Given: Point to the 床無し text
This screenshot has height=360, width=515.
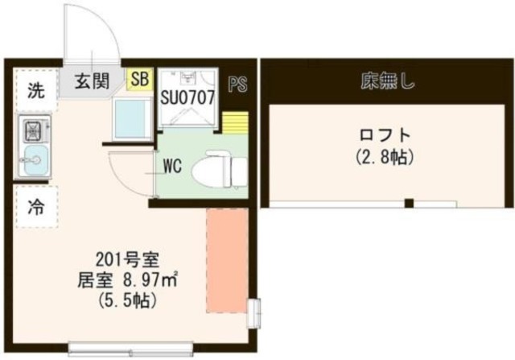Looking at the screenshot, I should (387, 81).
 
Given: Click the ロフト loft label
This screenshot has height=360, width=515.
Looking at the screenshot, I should (385, 134).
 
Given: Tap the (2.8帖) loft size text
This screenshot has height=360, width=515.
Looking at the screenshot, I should (385, 158).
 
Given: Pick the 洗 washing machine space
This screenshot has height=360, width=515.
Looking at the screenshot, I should (35, 90).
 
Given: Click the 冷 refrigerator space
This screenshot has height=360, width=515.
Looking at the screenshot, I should (35, 207).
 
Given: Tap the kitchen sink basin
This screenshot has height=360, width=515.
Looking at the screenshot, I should (34, 160).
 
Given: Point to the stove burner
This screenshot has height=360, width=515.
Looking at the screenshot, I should (35, 129).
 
